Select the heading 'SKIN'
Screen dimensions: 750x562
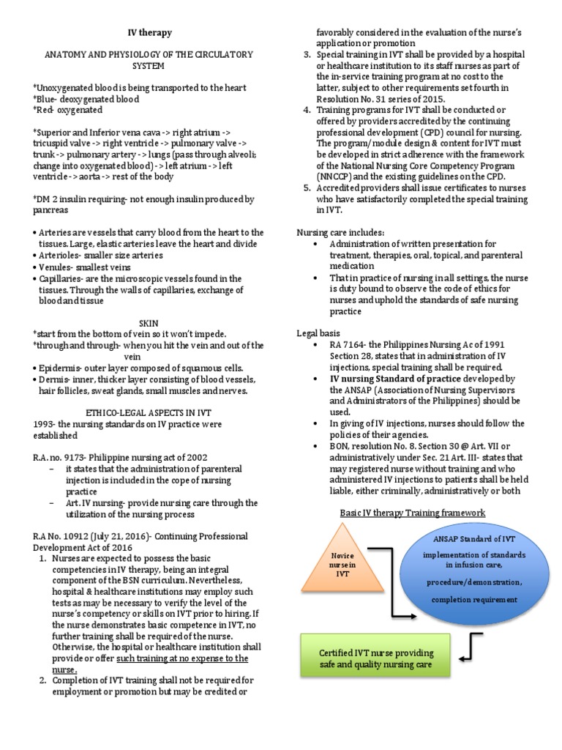pos(149,323)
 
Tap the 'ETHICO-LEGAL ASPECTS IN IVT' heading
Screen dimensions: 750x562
pos(149,413)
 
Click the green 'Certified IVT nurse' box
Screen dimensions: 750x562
pos(375,658)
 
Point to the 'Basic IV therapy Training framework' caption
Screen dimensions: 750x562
pos(413,512)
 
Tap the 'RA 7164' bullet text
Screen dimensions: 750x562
pos(347,344)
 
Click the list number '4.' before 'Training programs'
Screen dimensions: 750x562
pos(307,110)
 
